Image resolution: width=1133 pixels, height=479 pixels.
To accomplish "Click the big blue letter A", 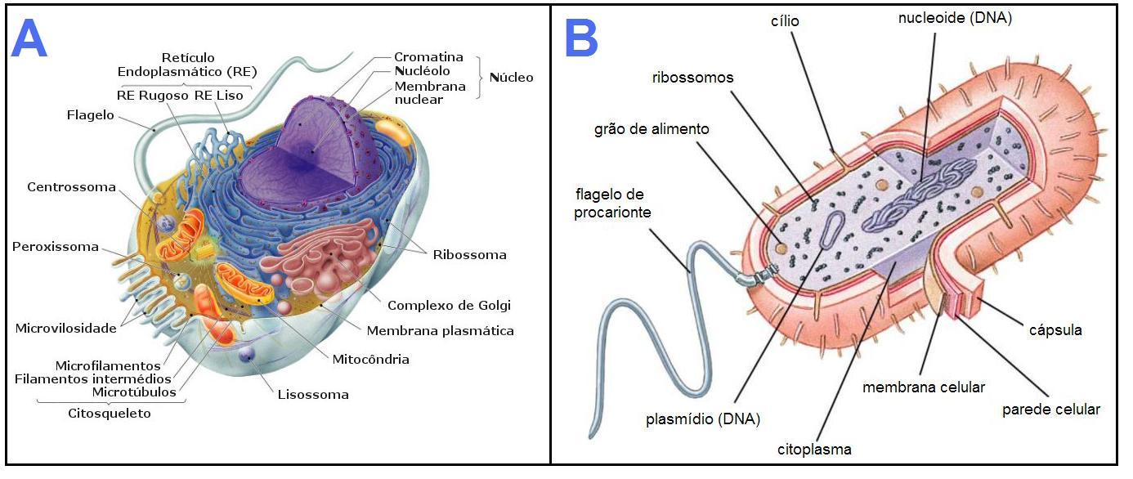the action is (29, 38).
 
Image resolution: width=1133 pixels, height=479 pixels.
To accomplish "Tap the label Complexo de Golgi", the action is (449, 306).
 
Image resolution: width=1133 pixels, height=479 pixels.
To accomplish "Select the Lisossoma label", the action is (313, 395).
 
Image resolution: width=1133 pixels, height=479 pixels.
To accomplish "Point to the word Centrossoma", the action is (71, 187).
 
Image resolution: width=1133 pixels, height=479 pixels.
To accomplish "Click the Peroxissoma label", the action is (55, 247).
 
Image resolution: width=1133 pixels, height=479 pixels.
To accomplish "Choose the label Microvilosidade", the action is (65, 329).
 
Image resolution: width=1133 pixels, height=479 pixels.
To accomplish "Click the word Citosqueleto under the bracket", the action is (110, 414).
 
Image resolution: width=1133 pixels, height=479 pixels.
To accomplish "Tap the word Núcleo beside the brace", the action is (512, 78).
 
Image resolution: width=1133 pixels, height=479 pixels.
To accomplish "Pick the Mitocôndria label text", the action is (371, 360).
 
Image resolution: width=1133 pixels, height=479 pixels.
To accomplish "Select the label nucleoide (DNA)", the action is (955, 18).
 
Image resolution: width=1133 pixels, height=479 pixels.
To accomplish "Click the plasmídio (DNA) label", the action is (703, 419).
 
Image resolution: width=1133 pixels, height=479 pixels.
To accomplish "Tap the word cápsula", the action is (1055, 330).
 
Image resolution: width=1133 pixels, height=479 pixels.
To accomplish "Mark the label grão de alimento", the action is (652, 129).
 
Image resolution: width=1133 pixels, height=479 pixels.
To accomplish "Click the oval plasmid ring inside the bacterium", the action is (832, 231).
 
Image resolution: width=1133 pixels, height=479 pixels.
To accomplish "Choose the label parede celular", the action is (1051, 410).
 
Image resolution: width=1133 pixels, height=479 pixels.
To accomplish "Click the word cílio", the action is (785, 21).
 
